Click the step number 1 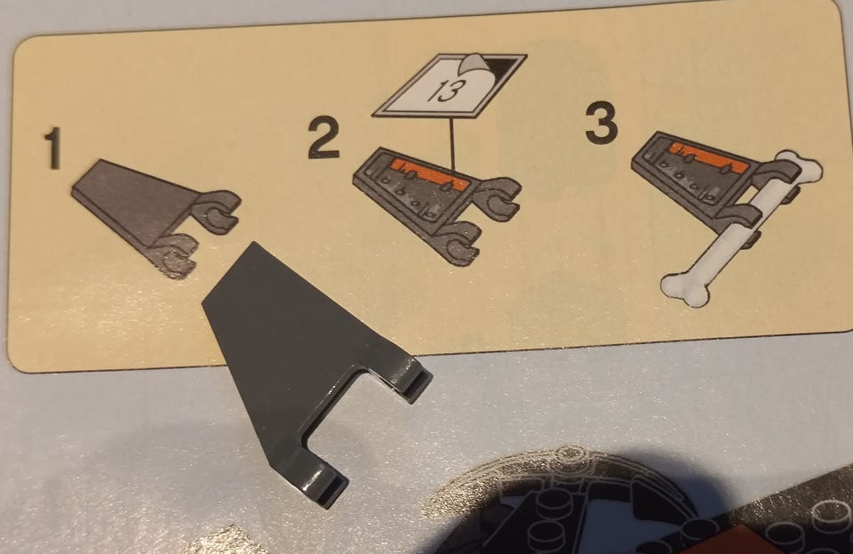[53, 148]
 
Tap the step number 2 [325, 139]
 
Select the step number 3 [602, 124]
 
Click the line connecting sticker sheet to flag [452, 142]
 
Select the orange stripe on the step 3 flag [705, 155]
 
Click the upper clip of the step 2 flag [498, 197]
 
